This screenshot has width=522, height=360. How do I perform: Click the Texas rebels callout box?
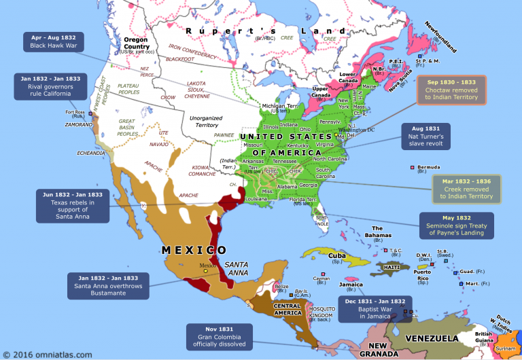click(x=71, y=205)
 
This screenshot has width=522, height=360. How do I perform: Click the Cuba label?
click(x=337, y=255)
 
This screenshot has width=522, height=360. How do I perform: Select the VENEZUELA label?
click(x=433, y=338)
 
